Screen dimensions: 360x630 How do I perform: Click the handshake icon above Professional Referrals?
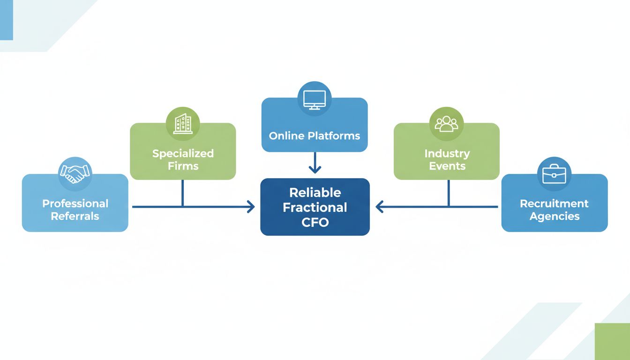coord(75,173)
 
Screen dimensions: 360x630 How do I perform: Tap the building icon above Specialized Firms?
coord(183,123)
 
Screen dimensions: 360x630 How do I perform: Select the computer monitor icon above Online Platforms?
coord(315,99)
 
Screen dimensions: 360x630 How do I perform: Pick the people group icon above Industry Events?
coord(446,123)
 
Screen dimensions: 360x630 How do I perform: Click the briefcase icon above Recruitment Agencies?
coord(554,173)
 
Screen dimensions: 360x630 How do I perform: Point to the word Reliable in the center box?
coord(315,193)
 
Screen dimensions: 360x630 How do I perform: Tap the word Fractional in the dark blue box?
coord(315,207)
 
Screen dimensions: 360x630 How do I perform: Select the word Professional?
coord(75,204)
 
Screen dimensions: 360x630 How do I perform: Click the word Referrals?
coord(75,216)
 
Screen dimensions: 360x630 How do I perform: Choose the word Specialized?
coord(183,153)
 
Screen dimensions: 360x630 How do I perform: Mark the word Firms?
coord(183,166)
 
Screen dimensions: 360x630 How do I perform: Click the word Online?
coord(287,136)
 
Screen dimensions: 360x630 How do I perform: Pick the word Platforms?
coord(334,136)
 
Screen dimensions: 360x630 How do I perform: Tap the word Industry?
coord(447,153)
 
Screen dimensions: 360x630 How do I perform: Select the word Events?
coord(447,166)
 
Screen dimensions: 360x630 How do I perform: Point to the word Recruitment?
coord(554,204)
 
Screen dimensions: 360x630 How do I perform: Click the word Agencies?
coord(554,216)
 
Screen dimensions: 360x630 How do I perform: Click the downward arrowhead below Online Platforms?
coord(315,169)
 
